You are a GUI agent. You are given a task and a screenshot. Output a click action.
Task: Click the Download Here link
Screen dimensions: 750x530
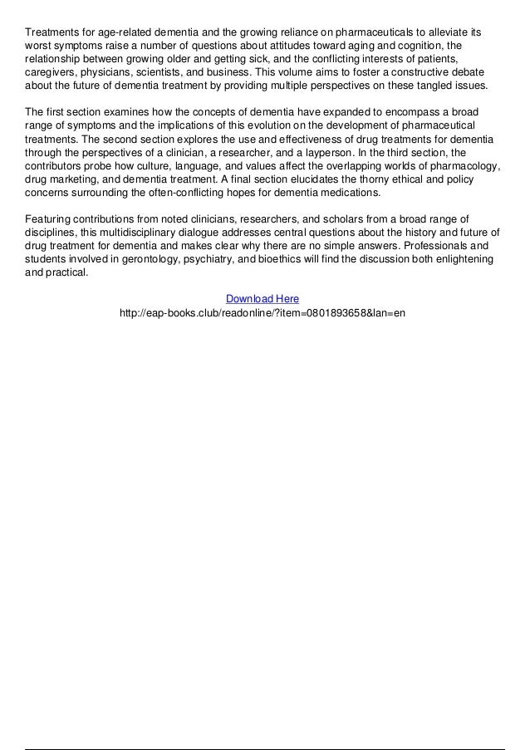coord(262,299)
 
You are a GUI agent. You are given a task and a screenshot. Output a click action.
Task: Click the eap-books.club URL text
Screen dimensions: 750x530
coord(263,314)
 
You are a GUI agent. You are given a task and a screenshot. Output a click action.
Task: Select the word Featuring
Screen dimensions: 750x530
coord(49,218)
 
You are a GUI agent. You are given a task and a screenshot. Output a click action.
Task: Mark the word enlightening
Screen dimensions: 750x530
coord(454,258)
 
